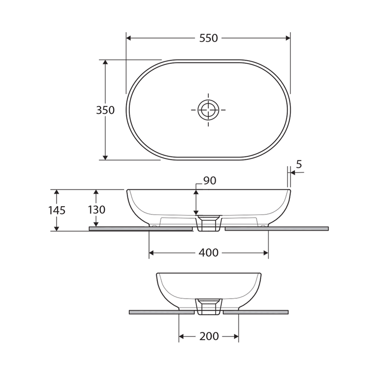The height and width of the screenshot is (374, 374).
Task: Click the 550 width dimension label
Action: click(x=208, y=38)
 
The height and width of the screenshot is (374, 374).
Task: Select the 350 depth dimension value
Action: click(x=105, y=110)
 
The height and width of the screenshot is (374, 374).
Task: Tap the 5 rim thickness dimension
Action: click(x=299, y=164)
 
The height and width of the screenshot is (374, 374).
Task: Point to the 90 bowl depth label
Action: click(x=209, y=181)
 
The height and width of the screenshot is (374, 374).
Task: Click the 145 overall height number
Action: click(x=57, y=210)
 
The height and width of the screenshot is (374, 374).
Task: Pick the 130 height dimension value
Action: click(x=96, y=210)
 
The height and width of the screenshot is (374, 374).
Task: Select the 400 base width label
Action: click(x=208, y=253)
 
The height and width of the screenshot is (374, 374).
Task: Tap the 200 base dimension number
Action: click(x=209, y=337)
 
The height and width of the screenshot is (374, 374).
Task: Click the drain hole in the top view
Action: click(x=208, y=110)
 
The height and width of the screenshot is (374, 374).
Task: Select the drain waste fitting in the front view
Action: click(x=209, y=223)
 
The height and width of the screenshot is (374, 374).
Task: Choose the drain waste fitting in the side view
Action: click(x=209, y=306)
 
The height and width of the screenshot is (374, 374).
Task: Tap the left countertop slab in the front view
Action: click(x=141, y=229)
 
